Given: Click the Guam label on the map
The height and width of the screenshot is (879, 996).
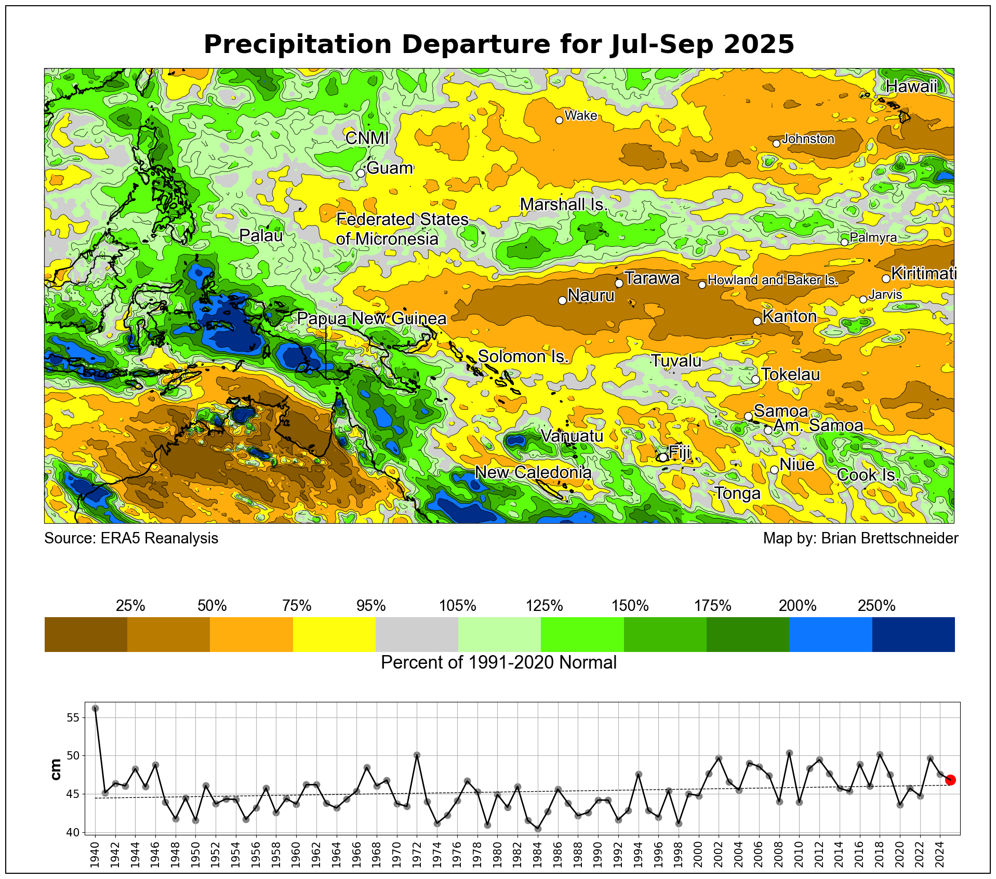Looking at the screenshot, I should pos(390,168).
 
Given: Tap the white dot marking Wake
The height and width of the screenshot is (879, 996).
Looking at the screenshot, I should pos(559,120).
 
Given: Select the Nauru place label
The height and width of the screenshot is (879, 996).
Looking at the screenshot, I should pos(591,296).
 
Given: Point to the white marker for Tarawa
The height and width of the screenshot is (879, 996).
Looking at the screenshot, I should pos(619,283).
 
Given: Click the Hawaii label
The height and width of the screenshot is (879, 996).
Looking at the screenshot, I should pos(911,87).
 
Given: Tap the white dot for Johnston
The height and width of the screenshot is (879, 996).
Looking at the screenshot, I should pos(776,143).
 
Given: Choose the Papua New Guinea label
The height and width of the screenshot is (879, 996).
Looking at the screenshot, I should pos(371,318).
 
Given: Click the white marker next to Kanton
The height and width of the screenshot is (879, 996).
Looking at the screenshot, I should pos(757,321).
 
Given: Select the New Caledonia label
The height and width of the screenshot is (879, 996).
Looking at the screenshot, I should pos(533,472).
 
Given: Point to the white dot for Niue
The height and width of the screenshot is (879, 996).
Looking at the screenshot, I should pos(774,470).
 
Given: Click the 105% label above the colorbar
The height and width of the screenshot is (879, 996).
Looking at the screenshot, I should pos(458,606).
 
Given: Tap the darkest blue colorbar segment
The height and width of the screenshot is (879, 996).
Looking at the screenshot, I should pos(913,634).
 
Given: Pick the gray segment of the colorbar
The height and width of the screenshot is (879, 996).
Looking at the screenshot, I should pos(417,634).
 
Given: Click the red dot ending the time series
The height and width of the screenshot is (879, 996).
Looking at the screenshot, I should pos(950,780).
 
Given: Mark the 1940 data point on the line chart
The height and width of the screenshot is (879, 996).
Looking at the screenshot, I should pos(95,708).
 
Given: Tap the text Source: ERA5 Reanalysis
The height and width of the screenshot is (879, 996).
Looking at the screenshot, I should pos(131,538).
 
